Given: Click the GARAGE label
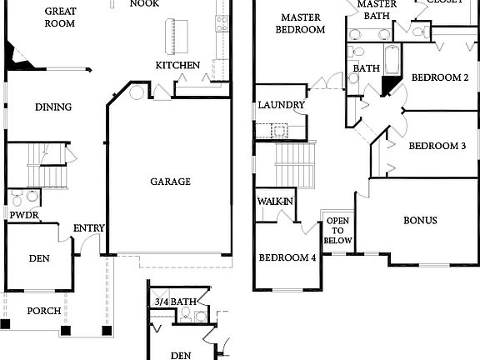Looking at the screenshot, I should click(170, 182).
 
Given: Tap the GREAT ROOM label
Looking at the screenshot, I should click(61, 17).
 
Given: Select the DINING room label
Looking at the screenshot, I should click(52, 107).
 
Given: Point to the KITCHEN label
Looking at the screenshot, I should click(177, 65).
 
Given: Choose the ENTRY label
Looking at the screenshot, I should click(87, 228).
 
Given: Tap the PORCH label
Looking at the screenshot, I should click(43, 312).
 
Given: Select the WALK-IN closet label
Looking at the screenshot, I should click(274, 202).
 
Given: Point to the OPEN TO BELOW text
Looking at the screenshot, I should click(338, 231).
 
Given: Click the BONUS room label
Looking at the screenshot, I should click(420, 221).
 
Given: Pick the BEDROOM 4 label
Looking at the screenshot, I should click(287, 258).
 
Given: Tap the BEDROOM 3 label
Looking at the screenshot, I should click(437, 146).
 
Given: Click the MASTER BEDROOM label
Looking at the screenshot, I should click(302, 23).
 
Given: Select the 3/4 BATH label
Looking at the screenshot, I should click(175, 302).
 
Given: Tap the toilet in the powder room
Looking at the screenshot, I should click(31, 197).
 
